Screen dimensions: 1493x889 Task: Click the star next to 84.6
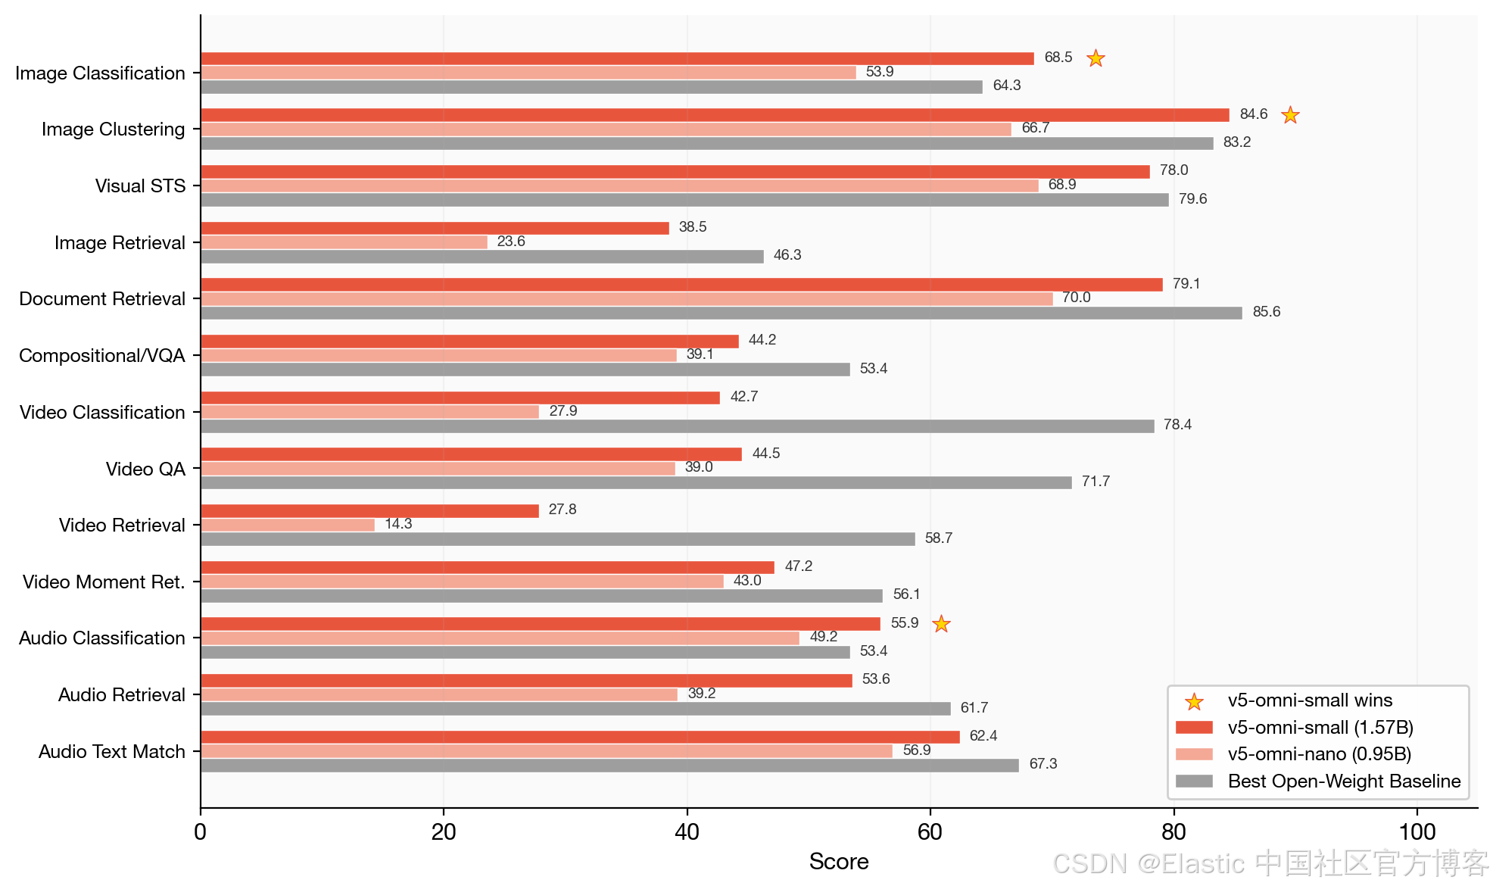[x=1290, y=114]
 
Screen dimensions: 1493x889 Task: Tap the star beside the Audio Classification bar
[x=941, y=623]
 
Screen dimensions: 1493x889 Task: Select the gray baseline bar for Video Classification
[x=678, y=426]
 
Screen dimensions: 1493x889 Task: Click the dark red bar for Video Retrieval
[x=370, y=511]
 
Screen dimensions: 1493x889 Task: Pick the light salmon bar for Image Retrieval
[x=344, y=242]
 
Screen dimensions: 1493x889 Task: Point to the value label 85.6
[x=1267, y=312]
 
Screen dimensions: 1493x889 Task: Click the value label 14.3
[x=398, y=524]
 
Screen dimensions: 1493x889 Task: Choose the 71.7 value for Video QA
[x=1096, y=482]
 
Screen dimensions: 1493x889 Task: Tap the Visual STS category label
[x=140, y=186]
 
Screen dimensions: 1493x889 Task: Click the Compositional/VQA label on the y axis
[x=102, y=356]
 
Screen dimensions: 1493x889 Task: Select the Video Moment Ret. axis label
[x=104, y=582]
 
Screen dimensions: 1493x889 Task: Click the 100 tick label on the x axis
[x=1417, y=832]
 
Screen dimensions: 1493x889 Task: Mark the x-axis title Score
[x=839, y=862]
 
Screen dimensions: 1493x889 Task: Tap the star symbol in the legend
[x=1194, y=702]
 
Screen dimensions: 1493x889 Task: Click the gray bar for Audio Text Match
[x=610, y=766]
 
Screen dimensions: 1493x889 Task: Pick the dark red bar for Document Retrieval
[x=682, y=285]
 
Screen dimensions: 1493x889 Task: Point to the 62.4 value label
[x=983, y=736]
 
